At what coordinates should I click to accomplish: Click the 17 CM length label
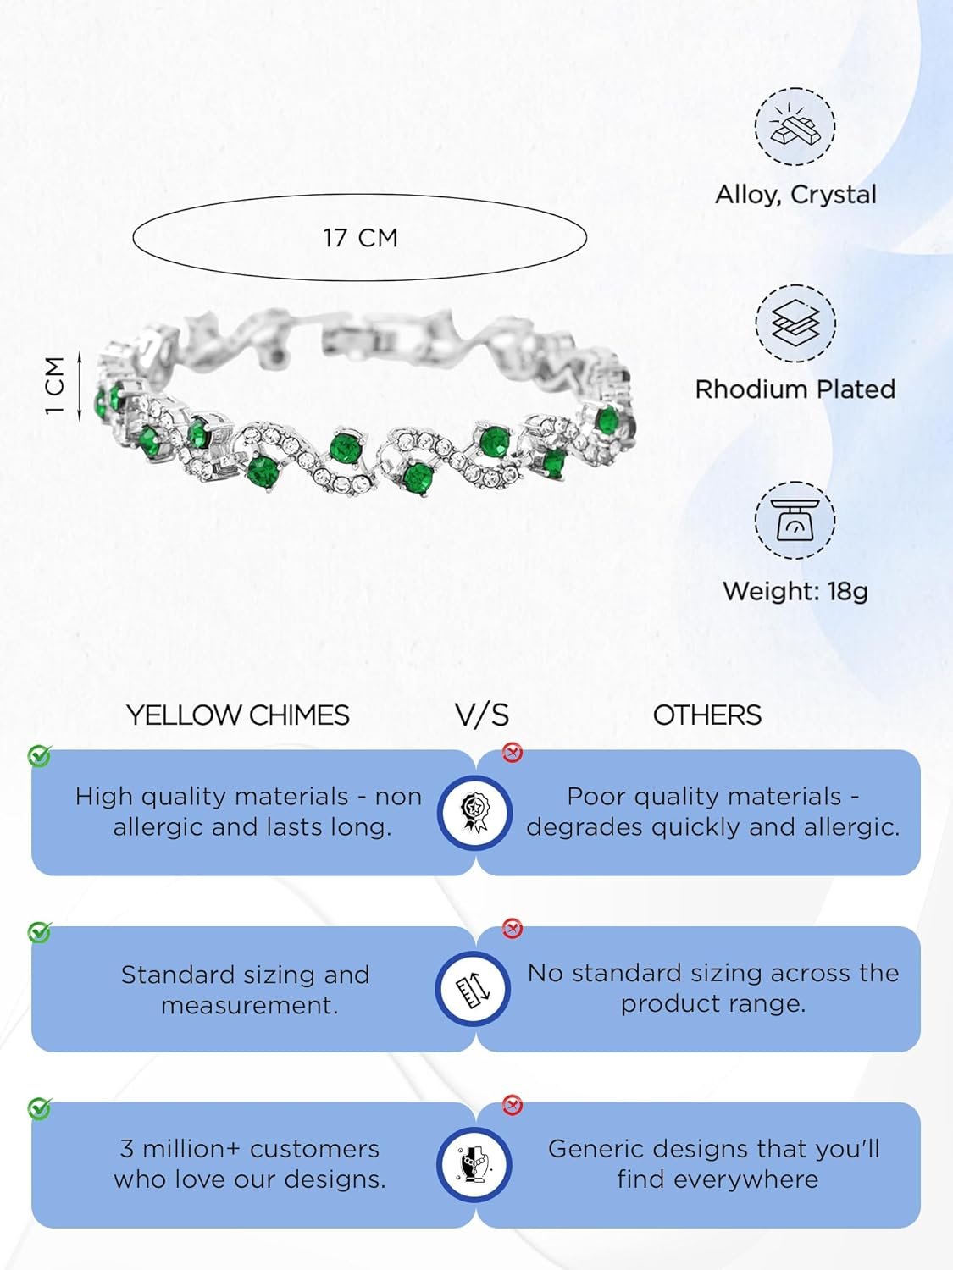[x=360, y=238]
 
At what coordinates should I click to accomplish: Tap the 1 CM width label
[x=54, y=384]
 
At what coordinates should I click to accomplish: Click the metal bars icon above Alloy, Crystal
[x=795, y=127]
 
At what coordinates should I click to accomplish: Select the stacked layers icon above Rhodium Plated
[x=795, y=323]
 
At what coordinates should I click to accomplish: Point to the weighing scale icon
[x=795, y=520]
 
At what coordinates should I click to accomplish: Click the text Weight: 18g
[x=795, y=591]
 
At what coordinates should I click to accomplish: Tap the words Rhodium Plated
[x=795, y=389]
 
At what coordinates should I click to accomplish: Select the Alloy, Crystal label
[x=795, y=195]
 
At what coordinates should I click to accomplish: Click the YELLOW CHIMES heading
[x=238, y=715]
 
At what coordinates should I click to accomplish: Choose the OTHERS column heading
[x=707, y=715]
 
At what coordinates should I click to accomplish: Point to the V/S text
[x=482, y=715]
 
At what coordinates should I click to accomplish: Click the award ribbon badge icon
[x=474, y=812]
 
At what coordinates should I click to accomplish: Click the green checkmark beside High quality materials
[x=40, y=755]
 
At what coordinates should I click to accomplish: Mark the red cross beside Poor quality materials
[x=513, y=753]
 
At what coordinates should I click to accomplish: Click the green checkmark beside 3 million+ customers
[x=40, y=1108]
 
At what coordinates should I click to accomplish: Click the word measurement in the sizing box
[x=249, y=1006]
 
